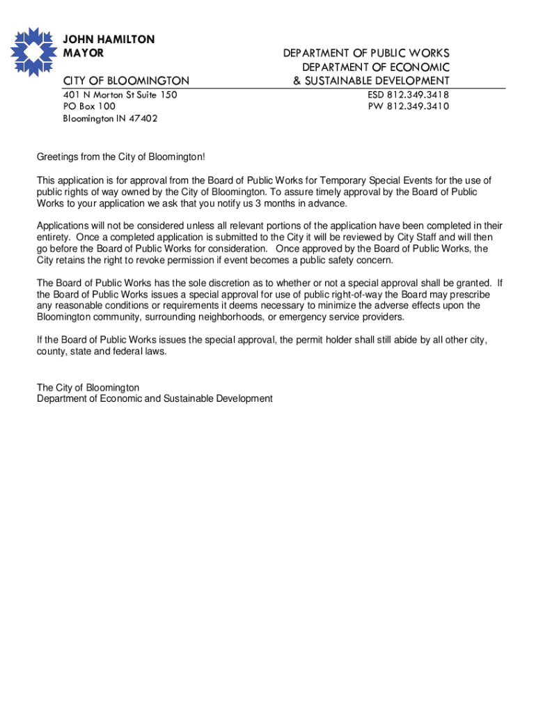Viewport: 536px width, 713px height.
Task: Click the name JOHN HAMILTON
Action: tap(109, 40)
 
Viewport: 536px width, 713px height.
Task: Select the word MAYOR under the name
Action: tap(84, 53)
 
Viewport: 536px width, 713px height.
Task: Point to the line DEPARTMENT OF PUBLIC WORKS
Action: tap(365, 54)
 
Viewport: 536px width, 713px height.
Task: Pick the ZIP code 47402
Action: tap(143, 118)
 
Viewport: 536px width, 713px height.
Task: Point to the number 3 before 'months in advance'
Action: tap(258, 203)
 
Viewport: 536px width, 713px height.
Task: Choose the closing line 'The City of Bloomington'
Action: tap(88, 387)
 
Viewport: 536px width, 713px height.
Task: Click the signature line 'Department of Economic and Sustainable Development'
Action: tap(155, 399)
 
